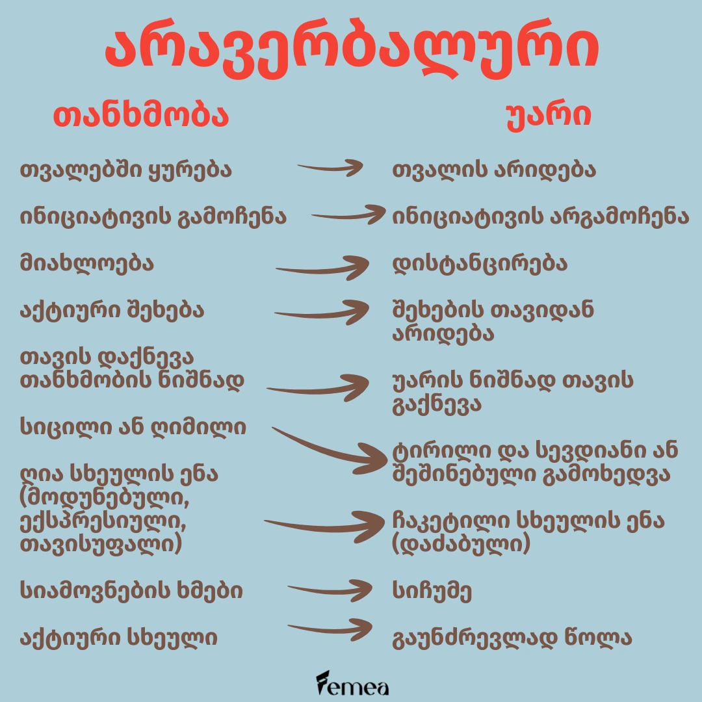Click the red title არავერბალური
tap(352, 49)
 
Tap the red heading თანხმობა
tap(141, 116)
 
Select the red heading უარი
tap(549, 117)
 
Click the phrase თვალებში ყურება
tap(126, 170)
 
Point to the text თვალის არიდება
tap(494, 170)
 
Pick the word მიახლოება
tap(87, 263)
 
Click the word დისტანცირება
tap(480, 264)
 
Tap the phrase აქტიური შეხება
tap(112, 310)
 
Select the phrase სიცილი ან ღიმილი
tap(133, 426)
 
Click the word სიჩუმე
tap(432, 591)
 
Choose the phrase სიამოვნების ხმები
tap(131, 590)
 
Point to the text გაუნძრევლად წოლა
tap(512, 638)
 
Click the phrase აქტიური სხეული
tap(119, 637)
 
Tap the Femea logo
tap(352, 684)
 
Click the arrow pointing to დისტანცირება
tap(322, 270)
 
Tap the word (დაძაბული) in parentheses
tap(461, 545)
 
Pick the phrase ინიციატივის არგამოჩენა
tap(540, 216)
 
